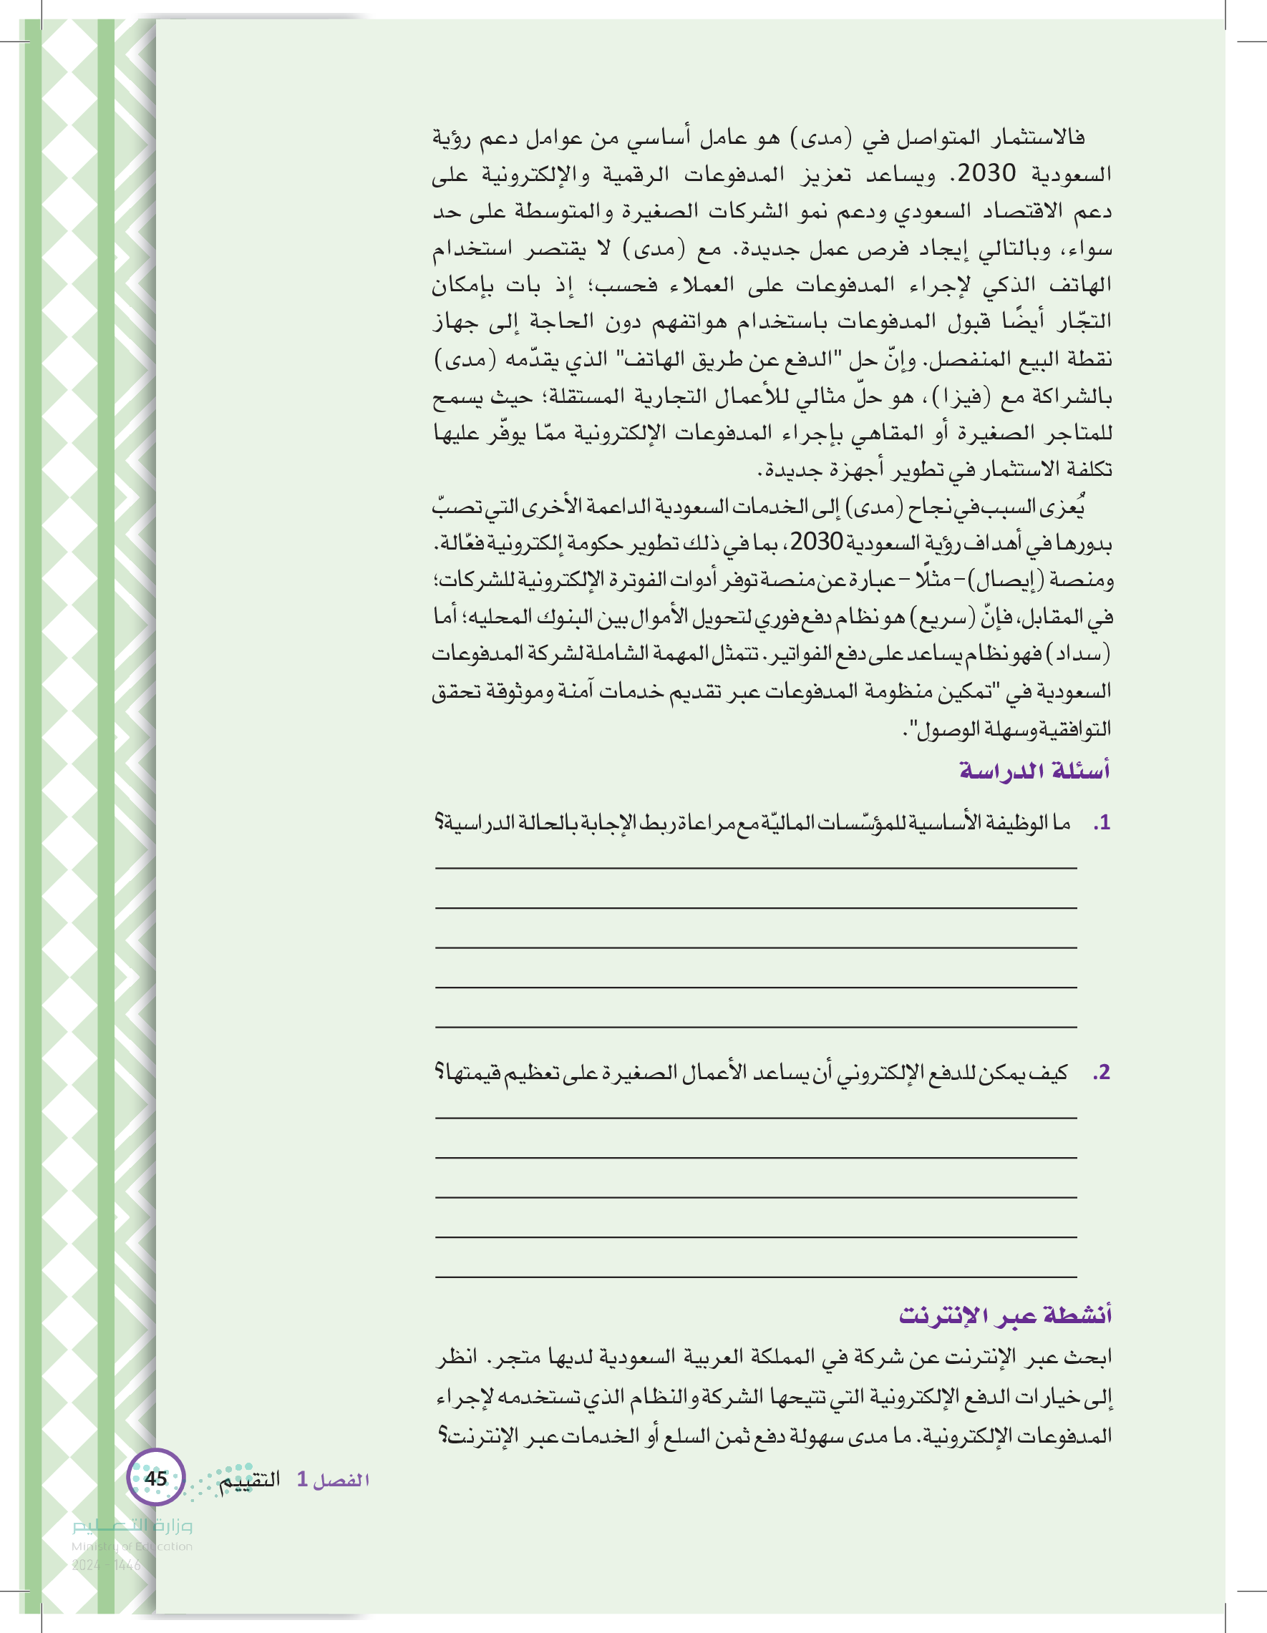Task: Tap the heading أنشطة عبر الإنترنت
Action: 1005,1315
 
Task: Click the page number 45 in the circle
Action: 155,1478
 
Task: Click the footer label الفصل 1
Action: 334,1479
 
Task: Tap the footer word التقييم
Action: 250,1479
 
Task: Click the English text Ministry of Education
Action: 132,1546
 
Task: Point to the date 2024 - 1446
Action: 106,1565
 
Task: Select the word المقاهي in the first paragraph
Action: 816,432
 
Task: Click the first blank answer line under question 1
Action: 755,867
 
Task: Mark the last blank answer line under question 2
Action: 755,1277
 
